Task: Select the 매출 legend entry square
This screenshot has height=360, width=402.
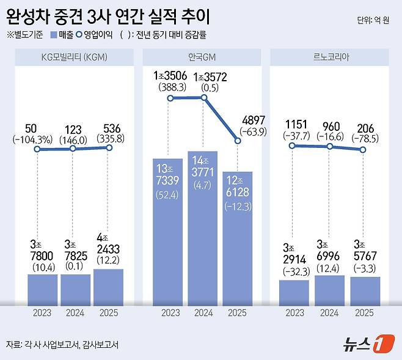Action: [56, 35]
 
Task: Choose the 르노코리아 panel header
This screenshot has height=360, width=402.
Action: [329, 58]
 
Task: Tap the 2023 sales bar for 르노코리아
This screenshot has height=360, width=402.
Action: [294, 292]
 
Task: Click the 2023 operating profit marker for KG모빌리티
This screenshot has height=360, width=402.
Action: [37, 149]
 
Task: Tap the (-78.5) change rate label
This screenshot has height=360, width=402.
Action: [365, 138]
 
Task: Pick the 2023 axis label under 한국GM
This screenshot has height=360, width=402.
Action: [170, 314]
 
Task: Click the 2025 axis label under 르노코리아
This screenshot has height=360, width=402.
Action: [364, 314]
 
